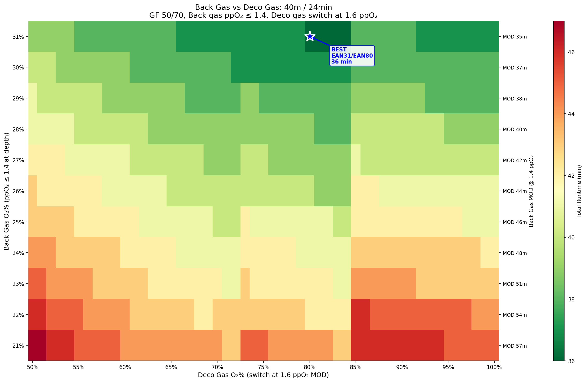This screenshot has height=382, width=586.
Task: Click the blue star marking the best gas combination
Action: coord(310,36)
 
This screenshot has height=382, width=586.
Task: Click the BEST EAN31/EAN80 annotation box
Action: coord(352,56)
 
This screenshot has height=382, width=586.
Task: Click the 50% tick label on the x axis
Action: coord(33,367)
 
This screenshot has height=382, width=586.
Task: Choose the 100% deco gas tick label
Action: coord(494,367)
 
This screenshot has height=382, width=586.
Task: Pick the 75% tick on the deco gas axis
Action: coord(264,367)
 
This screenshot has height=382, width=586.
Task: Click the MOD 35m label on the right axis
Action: coord(515,37)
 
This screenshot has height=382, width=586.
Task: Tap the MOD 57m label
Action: coord(515,346)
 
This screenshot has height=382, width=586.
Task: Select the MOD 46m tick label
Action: coord(515,222)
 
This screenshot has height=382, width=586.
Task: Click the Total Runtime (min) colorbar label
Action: coord(579,191)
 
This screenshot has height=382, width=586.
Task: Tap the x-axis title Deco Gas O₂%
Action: coord(263,375)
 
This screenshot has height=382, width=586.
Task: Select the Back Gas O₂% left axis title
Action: coord(7,191)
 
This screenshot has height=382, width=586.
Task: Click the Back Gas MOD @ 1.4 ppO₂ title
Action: coord(531,191)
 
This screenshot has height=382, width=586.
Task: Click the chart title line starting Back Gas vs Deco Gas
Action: coord(263,7)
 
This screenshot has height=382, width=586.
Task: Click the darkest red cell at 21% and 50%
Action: coord(37,346)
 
